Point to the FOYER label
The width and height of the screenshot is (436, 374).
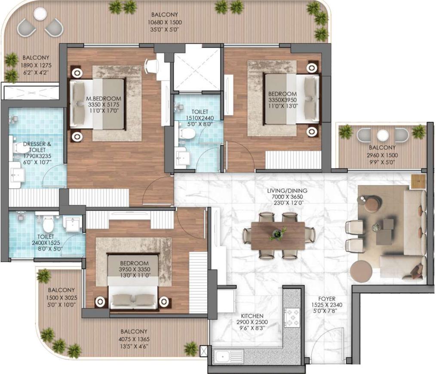click(327, 299)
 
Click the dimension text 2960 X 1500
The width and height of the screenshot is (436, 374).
click(382, 155)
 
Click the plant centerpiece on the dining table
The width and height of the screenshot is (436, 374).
click(277, 234)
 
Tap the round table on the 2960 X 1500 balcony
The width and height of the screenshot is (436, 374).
click(383, 135)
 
